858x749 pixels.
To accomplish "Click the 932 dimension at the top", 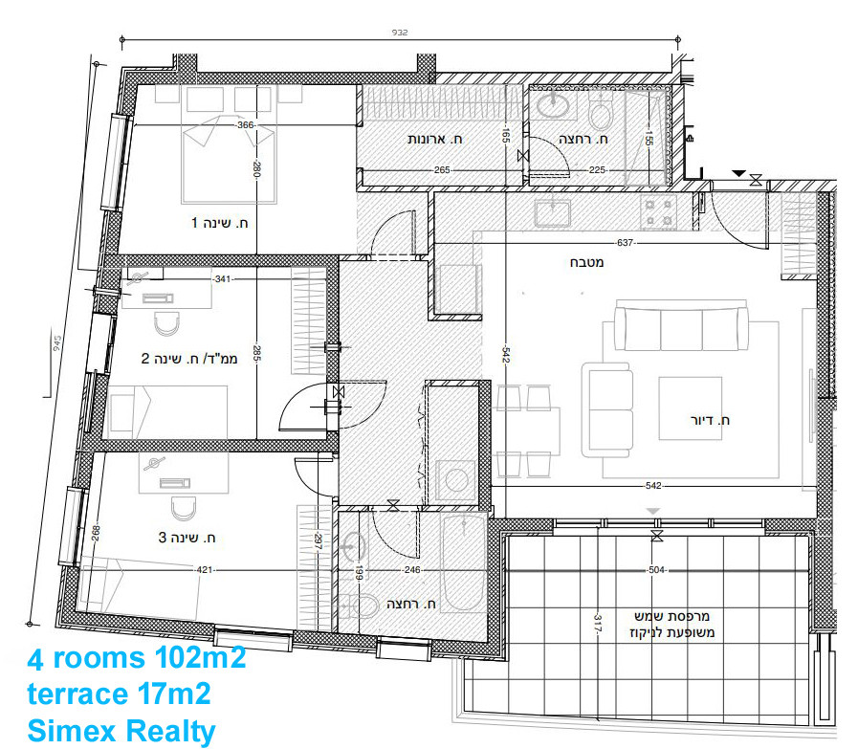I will pos(400,33).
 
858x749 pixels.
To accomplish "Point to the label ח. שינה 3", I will pos(187,539).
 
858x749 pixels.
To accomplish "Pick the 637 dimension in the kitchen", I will pos(625,243).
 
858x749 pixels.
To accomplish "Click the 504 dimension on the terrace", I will pos(655,570).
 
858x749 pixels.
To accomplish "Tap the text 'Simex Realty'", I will pos(121,731).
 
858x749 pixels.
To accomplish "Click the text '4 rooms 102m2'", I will pos(137,659).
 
